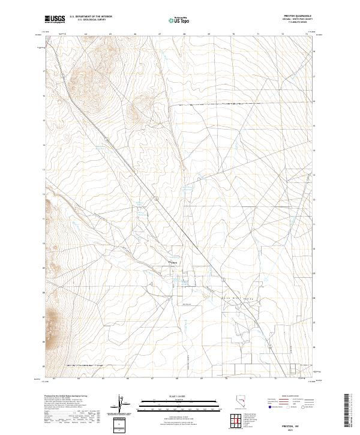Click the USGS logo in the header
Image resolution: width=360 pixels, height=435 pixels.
point(55,20)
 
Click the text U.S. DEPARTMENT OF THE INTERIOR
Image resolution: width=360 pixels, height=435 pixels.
point(91,17)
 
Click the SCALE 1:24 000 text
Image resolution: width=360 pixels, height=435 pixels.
point(178,397)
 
